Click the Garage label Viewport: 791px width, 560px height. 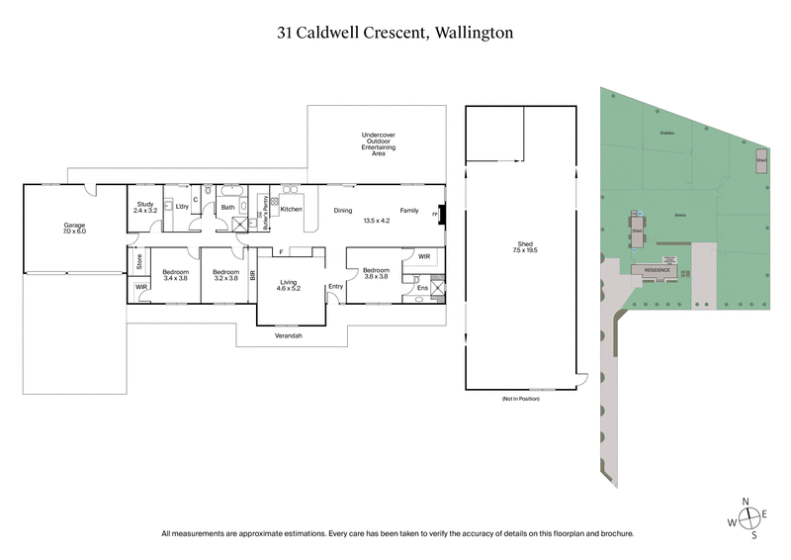(x=75, y=226)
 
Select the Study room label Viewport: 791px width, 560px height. (x=144, y=206)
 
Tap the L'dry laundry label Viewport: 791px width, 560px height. (x=182, y=206)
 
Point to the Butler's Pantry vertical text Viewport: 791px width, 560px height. (x=261, y=210)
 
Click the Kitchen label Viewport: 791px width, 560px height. (x=291, y=210)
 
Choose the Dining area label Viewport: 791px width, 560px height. (x=342, y=210)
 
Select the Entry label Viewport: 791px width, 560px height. (x=335, y=287)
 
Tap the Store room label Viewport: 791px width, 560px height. (x=139, y=262)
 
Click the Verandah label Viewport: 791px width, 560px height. (x=289, y=336)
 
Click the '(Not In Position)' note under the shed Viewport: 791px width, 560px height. (x=521, y=398)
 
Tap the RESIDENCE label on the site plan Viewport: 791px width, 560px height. (x=658, y=270)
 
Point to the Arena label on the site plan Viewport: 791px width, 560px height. (x=679, y=215)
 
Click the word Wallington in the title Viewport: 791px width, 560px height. (x=471, y=32)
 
